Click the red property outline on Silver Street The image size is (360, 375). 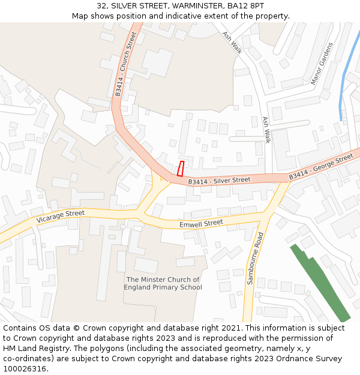coord(180,169)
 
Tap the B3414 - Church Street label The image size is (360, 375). coord(126,64)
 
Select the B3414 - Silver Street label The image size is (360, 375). coord(219,181)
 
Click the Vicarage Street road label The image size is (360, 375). coord(61,216)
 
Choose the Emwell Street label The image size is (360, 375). coord(201,224)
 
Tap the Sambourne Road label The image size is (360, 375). coord(255,258)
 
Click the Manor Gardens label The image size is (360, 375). coord(321,64)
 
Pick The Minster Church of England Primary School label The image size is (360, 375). coord(163,283)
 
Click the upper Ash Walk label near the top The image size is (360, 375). coord(232,43)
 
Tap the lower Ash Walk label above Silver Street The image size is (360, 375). coord(266,130)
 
